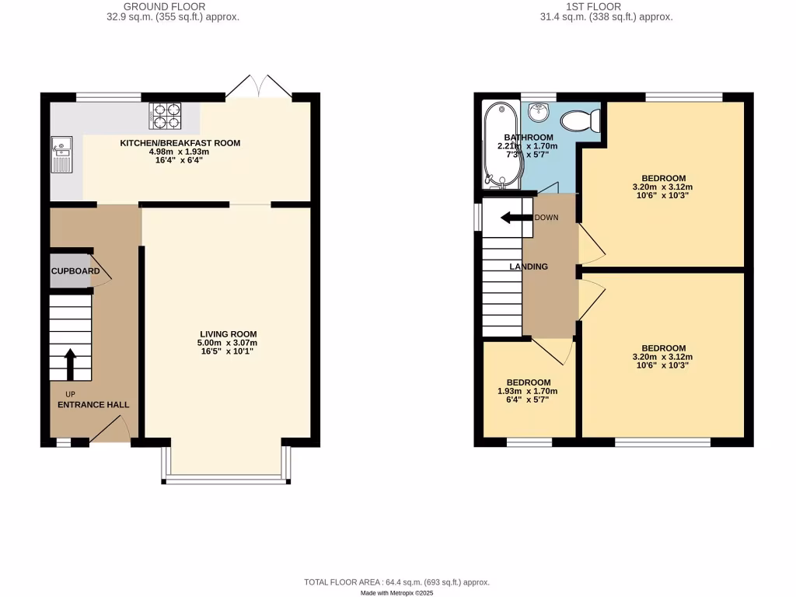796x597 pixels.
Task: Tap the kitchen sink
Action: (x=61, y=155)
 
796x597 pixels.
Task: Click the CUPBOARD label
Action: (x=75, y=271)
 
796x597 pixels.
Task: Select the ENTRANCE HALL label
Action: (x=93, y=405)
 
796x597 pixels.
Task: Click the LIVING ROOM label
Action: (x=228, y=334)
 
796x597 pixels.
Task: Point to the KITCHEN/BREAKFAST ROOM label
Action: (x=180, y=143)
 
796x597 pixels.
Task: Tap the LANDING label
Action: (x=529, y=267)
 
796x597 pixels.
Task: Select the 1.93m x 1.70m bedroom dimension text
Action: (x=528, y=391)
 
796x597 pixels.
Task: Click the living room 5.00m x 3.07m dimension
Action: (x=228, y=343)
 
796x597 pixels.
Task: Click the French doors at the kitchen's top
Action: (x=259, y=87)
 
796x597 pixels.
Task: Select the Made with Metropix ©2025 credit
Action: (x=396, y=592)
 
